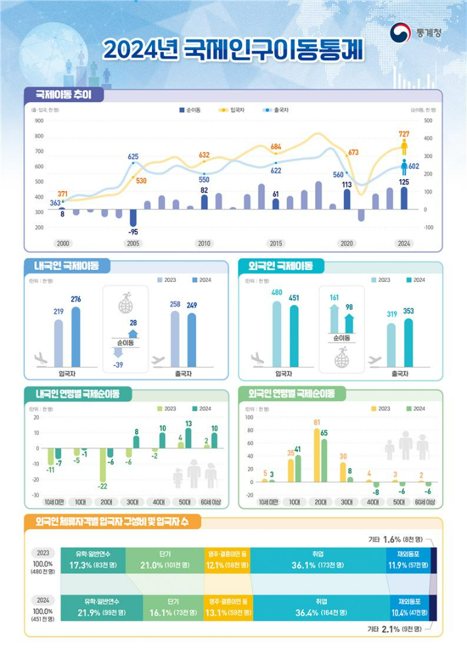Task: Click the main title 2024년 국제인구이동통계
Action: coord(233,49)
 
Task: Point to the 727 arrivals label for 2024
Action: coord(404,134)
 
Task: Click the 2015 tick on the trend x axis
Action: coord(276,244)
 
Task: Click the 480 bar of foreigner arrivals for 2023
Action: coord(277,333)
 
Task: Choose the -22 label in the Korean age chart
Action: coord(103,486)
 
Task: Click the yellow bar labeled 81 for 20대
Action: coord(316,461)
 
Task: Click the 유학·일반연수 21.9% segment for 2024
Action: coord(100,608)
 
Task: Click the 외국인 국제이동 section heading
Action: coord(281,266)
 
